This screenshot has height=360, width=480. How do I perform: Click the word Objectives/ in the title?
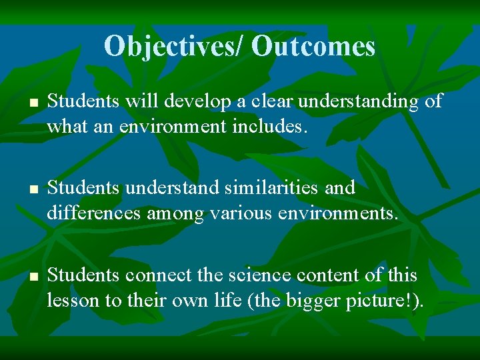point(175,46)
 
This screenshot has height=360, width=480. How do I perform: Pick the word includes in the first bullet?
point(274,126)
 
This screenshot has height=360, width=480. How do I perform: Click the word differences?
point(94,213)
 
